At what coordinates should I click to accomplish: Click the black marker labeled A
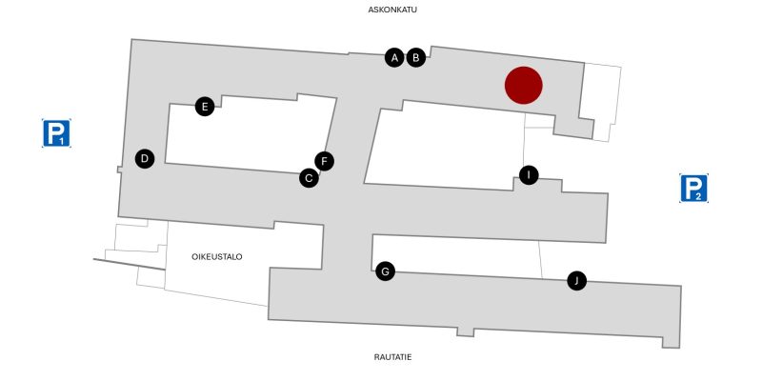tap(394, 58)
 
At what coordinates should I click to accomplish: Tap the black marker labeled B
tap(416, 58)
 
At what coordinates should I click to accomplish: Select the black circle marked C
tap(309, 178)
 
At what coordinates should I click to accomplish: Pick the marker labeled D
tap(145, 158)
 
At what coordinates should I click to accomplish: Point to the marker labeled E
tap(205, 107)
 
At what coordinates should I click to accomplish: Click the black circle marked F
tap(325, 161)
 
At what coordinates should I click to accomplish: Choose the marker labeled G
tap(386, 271)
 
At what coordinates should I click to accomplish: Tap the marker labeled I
tap(529, 175)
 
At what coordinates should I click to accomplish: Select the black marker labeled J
tap(577, 280)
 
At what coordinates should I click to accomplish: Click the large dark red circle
tap(523, 85)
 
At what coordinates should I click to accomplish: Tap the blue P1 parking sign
tap(56, 133)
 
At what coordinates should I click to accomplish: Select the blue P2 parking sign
tap(693, 188)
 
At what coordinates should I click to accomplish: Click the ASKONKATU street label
tap(392, 10)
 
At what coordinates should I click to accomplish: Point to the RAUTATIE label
tap(392, 357)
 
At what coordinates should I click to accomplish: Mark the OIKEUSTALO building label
tap(217, 257)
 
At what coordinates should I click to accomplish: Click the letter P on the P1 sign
tap(55, 132)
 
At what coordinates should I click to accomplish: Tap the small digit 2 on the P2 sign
tap(698, 197)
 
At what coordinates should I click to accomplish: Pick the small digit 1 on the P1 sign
tap(62, 141)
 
